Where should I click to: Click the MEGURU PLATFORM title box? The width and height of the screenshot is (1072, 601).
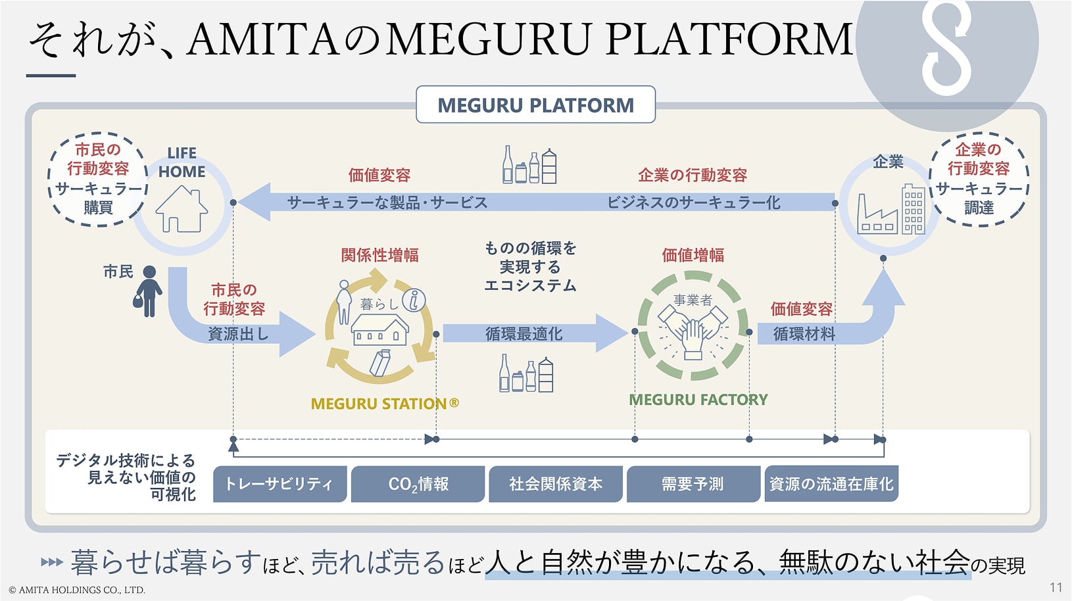pyautogui.click(x=535, y=105)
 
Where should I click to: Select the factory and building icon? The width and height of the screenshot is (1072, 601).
pyautogui.click(x=890, y=209)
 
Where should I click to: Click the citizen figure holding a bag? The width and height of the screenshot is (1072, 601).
pyautogui.click(x=148, y=291)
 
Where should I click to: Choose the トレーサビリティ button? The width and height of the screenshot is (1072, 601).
pyautogui.click(x=280, y=484)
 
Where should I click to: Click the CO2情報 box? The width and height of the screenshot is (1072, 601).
pyautogui.click(x=418, y=484)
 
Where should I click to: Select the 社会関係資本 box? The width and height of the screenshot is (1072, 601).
pyautogui.click(x=556, y=484)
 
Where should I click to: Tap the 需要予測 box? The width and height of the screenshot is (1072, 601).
pyautogui.click(x=693, y=484)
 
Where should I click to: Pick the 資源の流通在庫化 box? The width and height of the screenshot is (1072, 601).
pyautogui.click(x=831, y=484)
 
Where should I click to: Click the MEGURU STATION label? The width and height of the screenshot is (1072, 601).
pyautogui.click(x=385, y=404)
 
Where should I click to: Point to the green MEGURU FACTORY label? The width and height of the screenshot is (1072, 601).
pyautogui.click(x=698, y=400)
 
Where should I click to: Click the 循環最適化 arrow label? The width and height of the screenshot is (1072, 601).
pyautogui.click(x=524, y=333)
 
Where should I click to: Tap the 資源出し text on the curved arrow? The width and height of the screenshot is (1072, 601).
pyautogui.click(x=238, y=333)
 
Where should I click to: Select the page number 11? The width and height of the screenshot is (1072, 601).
pyautogui.click(x=1056, y=588)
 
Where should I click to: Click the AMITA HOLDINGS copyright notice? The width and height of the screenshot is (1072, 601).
pyautogui.click(x=77, y=590)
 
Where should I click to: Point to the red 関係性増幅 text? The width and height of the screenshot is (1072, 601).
pyautogui.click(x=380, y=255)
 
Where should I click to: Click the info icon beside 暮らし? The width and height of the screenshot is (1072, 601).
pyautogui.click(x=414, y=300)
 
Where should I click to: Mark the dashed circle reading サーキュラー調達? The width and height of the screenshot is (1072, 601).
pyautogui.click(x=979, y=179)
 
